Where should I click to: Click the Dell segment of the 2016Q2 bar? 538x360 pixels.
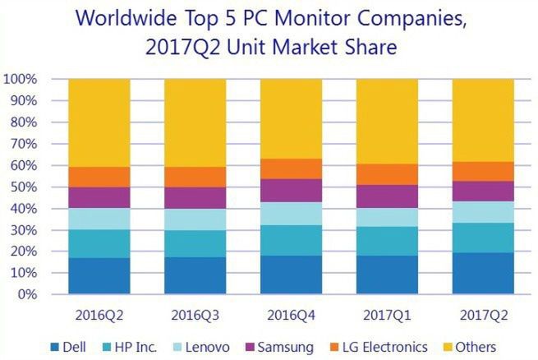(x=99, y=275)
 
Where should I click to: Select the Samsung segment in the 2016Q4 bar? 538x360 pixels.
(x=291, y=190)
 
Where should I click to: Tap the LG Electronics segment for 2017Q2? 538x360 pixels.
(x=483, y=171)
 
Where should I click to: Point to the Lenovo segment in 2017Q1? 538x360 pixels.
(x=387, y=217)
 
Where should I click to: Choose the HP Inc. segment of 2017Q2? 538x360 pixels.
(x=483, y=238)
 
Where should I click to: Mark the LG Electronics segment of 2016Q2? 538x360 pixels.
(x=99, y=177)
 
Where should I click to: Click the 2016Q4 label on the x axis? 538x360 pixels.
(x=291, y=314)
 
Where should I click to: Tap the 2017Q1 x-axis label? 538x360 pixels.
(x=387, y=314)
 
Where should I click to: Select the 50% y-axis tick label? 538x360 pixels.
(x=24, y=187)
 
